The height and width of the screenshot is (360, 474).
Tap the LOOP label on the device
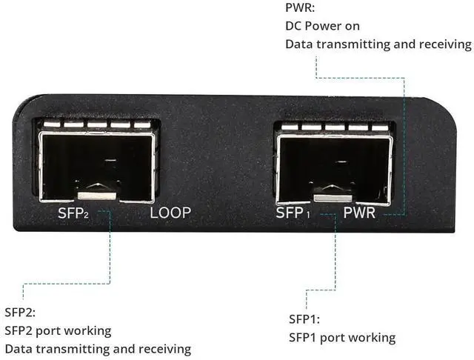(x=170, y=213)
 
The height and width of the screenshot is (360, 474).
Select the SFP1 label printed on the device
(x=293, y=213)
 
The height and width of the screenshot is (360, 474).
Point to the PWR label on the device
(x=360, y=213)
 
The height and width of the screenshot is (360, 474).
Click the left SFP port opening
(x=97, y=167)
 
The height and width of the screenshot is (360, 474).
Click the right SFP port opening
(x=334, y=167)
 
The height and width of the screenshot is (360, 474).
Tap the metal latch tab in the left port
(x=97, y=195)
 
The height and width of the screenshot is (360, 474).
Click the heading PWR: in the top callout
(x=300, y=8)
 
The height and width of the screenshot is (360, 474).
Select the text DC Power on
(x=323, y=26)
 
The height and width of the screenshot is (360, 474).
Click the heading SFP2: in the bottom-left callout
(x=20, y=312)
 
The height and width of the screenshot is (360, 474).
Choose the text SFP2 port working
(x=58, y=330)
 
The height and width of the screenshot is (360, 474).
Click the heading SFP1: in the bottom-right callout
(x=304, y=319)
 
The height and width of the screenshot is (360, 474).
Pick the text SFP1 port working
(x=342, y=338)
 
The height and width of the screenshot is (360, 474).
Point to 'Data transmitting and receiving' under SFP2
(x=98, y=348)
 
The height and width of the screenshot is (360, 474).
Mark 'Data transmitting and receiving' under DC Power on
(x=378, y=44)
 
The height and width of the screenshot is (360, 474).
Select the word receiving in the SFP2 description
(x=164, y=348)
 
